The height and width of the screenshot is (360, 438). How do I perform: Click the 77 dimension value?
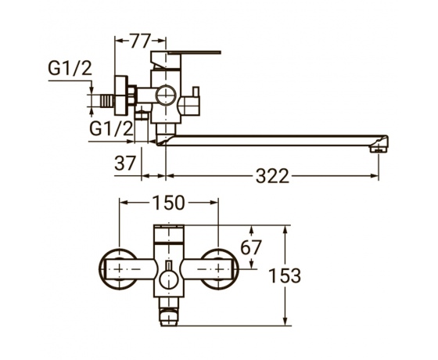(x=141, y=41)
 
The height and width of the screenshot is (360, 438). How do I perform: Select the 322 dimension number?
(x=272, y=176)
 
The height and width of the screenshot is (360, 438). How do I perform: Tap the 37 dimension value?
(x=125, y=163)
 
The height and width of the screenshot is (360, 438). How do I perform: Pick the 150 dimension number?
(x=168, y=203)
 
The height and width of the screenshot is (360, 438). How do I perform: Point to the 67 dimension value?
(x=251, y=247)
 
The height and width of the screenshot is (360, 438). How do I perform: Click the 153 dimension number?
(x=285, y=275)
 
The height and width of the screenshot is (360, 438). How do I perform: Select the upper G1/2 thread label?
(x=70, y=69)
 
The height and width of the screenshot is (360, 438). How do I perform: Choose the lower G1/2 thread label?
(x=111, y=128)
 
